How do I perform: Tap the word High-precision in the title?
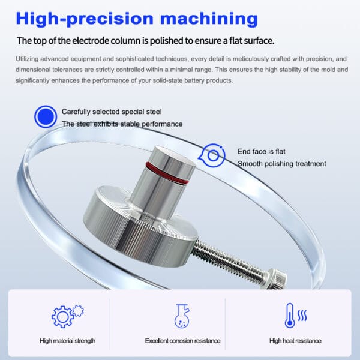(85, 19)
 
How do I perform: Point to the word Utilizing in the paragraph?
(27, 59)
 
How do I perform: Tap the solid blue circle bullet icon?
(46, 116)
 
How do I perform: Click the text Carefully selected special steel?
(112, 112)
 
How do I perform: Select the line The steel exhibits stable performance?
(122, 124)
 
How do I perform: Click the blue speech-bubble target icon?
(212, 155)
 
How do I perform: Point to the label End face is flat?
(262, 152)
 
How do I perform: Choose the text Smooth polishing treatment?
(282, 164)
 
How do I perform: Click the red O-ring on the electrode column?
(167, 173)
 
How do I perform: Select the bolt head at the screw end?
(277, 278)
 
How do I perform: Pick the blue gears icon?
(67, 316)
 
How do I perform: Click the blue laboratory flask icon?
(182, 316)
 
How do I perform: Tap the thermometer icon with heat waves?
(295, 316)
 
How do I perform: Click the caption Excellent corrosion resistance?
(183, 341)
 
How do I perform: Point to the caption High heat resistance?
(295, 341)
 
